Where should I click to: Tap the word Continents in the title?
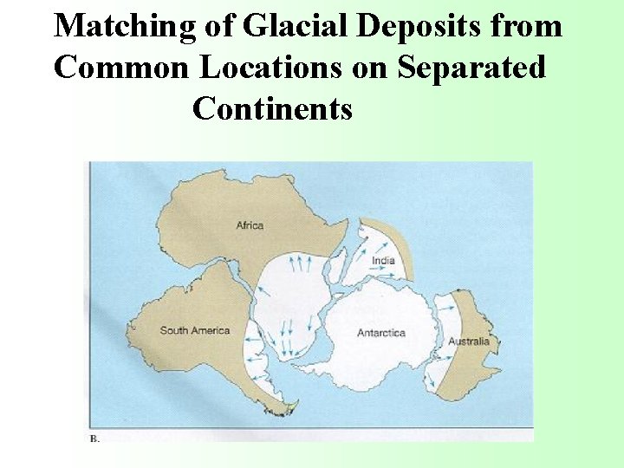tap(272, 108)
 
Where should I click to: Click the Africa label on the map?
tap(250, 226)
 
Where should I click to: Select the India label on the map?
tap(382, 261)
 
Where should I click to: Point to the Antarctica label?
tap(381, 333)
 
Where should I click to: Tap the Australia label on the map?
tap(468, 341)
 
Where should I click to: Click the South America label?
tap(195, 330)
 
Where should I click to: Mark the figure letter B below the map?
tap(94, 439)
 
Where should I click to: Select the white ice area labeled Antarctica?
tap(381, 355)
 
